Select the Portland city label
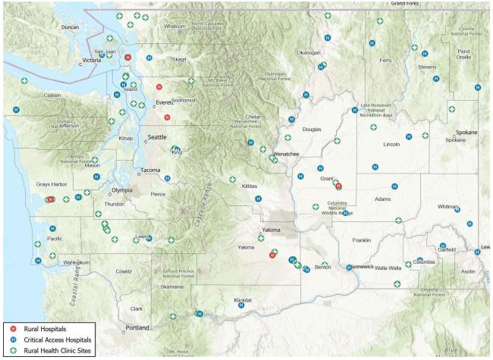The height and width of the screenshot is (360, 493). tap(137, 327)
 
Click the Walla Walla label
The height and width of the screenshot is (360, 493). tap(388, 268)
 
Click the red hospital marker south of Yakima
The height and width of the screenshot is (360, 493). tap(272, 255)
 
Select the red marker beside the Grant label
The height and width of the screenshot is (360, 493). tap(338, 185)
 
